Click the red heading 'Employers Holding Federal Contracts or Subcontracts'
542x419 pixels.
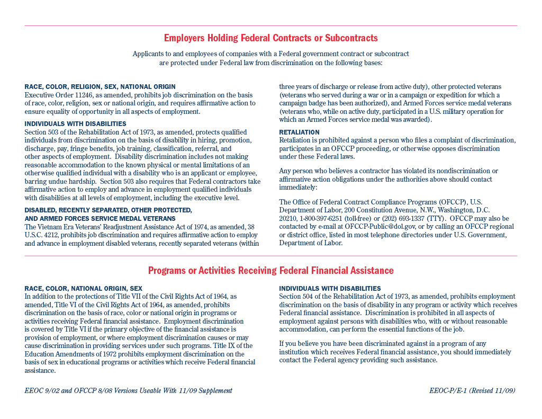[270, 38]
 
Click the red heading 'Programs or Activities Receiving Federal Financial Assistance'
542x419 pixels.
[270, 271]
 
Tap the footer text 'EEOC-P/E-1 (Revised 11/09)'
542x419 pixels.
[472, 391]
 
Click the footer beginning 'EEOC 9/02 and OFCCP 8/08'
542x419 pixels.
[128, 391]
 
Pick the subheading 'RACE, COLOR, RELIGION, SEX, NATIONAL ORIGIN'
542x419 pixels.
[100, 87]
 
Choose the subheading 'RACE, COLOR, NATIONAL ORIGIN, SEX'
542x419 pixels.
[84, 289]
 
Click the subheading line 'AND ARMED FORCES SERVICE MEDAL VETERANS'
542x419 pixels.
[100, 218]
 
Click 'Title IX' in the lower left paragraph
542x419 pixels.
[224, 346]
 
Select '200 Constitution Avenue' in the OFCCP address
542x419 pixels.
[380, 210]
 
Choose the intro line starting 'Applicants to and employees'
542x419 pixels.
[270, 54]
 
